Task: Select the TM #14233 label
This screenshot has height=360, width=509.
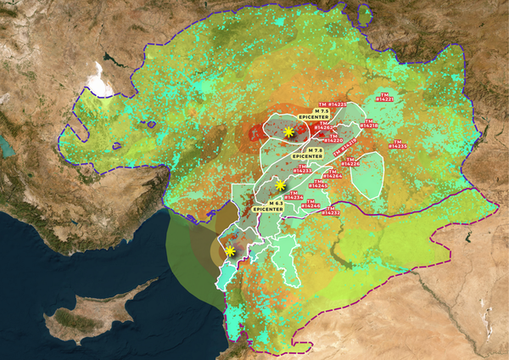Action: click(x=304, y=169)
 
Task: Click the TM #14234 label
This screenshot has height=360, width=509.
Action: click(x=295, y=196)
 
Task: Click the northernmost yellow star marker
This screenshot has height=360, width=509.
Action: click(x=289, y=132)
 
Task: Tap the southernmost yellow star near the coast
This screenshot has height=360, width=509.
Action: click(x=230, y=250)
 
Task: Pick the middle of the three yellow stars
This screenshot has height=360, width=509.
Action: click(x=280, y=185)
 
